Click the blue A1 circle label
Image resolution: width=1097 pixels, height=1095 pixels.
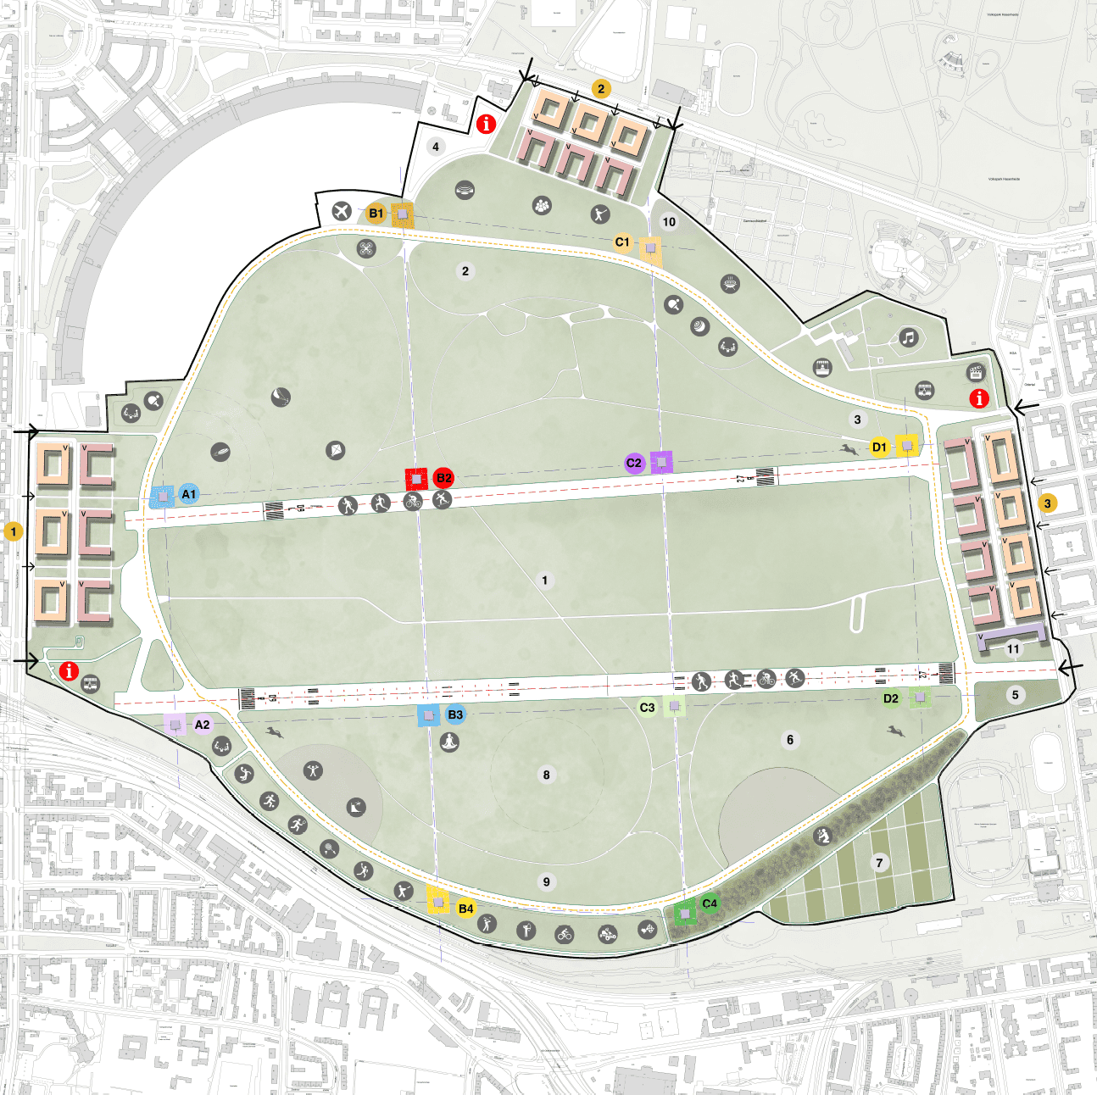(x=188, y=494)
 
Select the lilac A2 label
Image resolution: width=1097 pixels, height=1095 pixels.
(x=202, y=725)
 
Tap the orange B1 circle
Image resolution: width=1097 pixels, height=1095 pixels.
(x=376, y=214)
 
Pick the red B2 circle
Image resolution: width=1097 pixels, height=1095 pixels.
(x=443, y=478)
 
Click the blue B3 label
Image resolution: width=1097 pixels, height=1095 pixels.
(x=455, y=714)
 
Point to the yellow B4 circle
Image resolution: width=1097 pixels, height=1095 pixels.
(x=465, y=909)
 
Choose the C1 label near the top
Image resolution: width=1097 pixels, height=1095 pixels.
(x=622, y=242)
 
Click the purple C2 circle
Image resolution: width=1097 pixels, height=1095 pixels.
(x=634, y=463)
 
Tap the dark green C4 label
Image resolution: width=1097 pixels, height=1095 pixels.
(x=710, y=903)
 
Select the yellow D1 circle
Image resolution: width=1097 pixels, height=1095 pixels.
(x=880, y=447)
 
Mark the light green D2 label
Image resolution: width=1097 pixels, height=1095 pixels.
(x=890, y=698)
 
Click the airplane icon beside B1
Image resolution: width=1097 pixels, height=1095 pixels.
(x=342, y=211)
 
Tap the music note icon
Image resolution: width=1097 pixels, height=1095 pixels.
(x=909, y=337)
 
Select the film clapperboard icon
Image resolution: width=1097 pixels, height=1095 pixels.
(x=976, y=372)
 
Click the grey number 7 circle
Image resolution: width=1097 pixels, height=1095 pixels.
(x=879, y=863)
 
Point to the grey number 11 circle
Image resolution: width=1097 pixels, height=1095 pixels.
(x=1013, y=649)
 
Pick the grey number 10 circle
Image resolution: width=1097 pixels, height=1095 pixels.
(x=669, y=222)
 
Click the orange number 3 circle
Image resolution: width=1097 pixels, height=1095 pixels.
(x=1047, y=503)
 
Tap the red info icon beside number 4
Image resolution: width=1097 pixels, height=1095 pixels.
(x=486, y=124)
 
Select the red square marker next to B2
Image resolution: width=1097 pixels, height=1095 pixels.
(x=416, y=479)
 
